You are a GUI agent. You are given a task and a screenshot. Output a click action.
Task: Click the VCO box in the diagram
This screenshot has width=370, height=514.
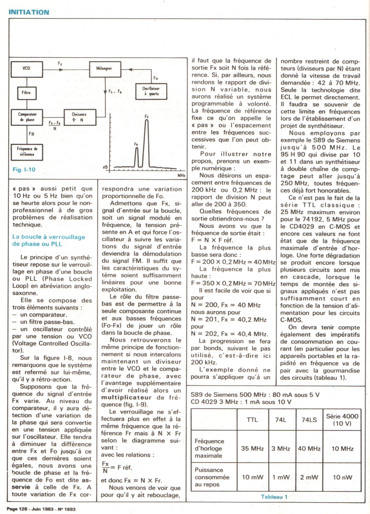27,68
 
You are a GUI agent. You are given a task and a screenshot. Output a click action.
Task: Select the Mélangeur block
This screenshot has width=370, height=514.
104,68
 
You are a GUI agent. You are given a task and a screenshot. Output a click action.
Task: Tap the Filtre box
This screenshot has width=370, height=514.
26,93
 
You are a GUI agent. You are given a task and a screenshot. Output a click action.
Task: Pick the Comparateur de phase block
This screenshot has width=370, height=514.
27,117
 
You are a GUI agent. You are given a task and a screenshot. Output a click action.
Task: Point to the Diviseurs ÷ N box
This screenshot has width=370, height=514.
79,117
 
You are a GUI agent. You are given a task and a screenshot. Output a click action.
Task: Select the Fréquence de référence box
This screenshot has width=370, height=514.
27,152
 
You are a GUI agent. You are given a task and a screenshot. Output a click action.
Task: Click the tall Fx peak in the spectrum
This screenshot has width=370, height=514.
146,141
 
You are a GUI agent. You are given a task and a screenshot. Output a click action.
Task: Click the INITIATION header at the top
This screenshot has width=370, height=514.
29,12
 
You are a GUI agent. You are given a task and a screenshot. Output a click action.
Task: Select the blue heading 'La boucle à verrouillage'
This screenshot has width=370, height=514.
48,237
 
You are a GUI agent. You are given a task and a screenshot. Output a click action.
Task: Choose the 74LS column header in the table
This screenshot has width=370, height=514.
309,420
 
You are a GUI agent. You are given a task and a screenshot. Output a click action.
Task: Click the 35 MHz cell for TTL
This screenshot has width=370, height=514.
252,448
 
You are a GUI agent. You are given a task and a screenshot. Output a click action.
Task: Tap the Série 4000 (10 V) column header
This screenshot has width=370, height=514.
342,420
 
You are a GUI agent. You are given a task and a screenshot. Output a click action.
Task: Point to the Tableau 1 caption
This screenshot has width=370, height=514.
274,497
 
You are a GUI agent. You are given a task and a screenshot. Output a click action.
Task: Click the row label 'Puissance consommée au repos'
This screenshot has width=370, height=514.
212,477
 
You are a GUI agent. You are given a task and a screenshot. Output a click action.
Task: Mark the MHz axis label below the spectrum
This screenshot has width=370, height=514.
181,176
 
